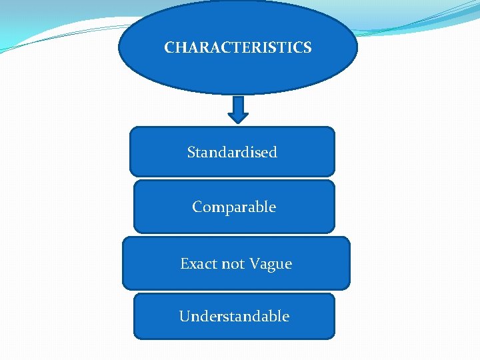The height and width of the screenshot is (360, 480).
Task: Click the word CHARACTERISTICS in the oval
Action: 237,48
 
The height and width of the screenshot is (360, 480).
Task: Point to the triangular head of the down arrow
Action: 238,116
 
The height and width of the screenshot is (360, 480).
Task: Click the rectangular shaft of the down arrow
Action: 238,103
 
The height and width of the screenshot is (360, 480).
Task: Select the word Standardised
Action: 232,152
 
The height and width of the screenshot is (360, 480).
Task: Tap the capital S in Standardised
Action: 191,153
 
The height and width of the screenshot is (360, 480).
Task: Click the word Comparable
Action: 234,207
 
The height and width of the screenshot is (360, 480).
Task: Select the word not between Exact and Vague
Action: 233,264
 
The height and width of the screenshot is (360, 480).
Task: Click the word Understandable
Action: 234,316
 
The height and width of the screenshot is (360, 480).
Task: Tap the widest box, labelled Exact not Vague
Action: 320,277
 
